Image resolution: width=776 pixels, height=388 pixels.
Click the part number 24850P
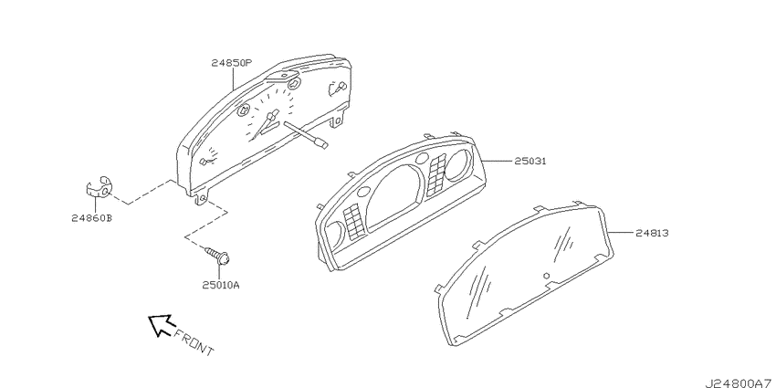(232, 63)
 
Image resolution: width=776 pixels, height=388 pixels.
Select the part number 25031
(530, 162)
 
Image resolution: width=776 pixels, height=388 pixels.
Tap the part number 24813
(653, 232)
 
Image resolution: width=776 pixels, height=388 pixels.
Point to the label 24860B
(91, 218)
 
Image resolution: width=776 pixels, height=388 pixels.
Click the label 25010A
(221, 285)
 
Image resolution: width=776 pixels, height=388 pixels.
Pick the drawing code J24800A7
(739, 383)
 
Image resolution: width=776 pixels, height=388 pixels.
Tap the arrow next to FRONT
(162, 325)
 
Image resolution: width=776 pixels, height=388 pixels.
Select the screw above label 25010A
(217, 256)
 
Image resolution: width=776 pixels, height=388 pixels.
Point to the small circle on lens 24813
(546, 276)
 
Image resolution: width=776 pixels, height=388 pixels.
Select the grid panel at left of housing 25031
(353, 221)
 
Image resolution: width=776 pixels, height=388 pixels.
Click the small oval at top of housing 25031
(422, 158)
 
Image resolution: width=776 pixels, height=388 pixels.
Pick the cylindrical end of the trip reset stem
(321, 143)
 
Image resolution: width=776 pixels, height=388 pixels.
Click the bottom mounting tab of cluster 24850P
(200, 197)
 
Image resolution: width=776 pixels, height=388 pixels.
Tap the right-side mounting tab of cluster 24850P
(337, 120)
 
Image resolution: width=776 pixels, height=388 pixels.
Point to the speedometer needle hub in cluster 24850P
(271, 119)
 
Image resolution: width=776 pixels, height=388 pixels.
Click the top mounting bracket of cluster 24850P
(283, 78)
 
